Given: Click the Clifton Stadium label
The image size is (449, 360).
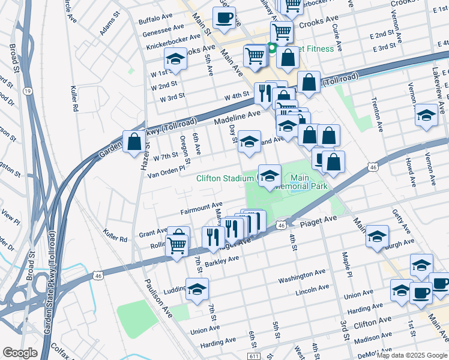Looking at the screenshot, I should (x=225, y=178).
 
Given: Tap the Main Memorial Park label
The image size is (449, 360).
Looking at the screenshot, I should (x=306, y=182).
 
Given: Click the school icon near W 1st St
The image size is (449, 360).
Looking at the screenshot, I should (x=175, y=59).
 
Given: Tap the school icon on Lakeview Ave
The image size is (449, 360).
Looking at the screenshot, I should (x=426, y=115).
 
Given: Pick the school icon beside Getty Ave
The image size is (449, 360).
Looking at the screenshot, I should (x=377, y=236).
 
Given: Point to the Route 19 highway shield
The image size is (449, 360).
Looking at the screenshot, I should (x=28, y=91).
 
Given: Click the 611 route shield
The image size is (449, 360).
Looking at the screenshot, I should (x=256, y=356).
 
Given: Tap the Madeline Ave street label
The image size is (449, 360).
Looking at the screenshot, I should (x=238, y=117).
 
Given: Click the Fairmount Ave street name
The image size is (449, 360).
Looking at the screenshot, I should (x=201, y=209).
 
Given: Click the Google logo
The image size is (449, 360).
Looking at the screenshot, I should (x=20, y=352).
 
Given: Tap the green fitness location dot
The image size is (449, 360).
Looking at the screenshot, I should (x=272, y=48).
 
